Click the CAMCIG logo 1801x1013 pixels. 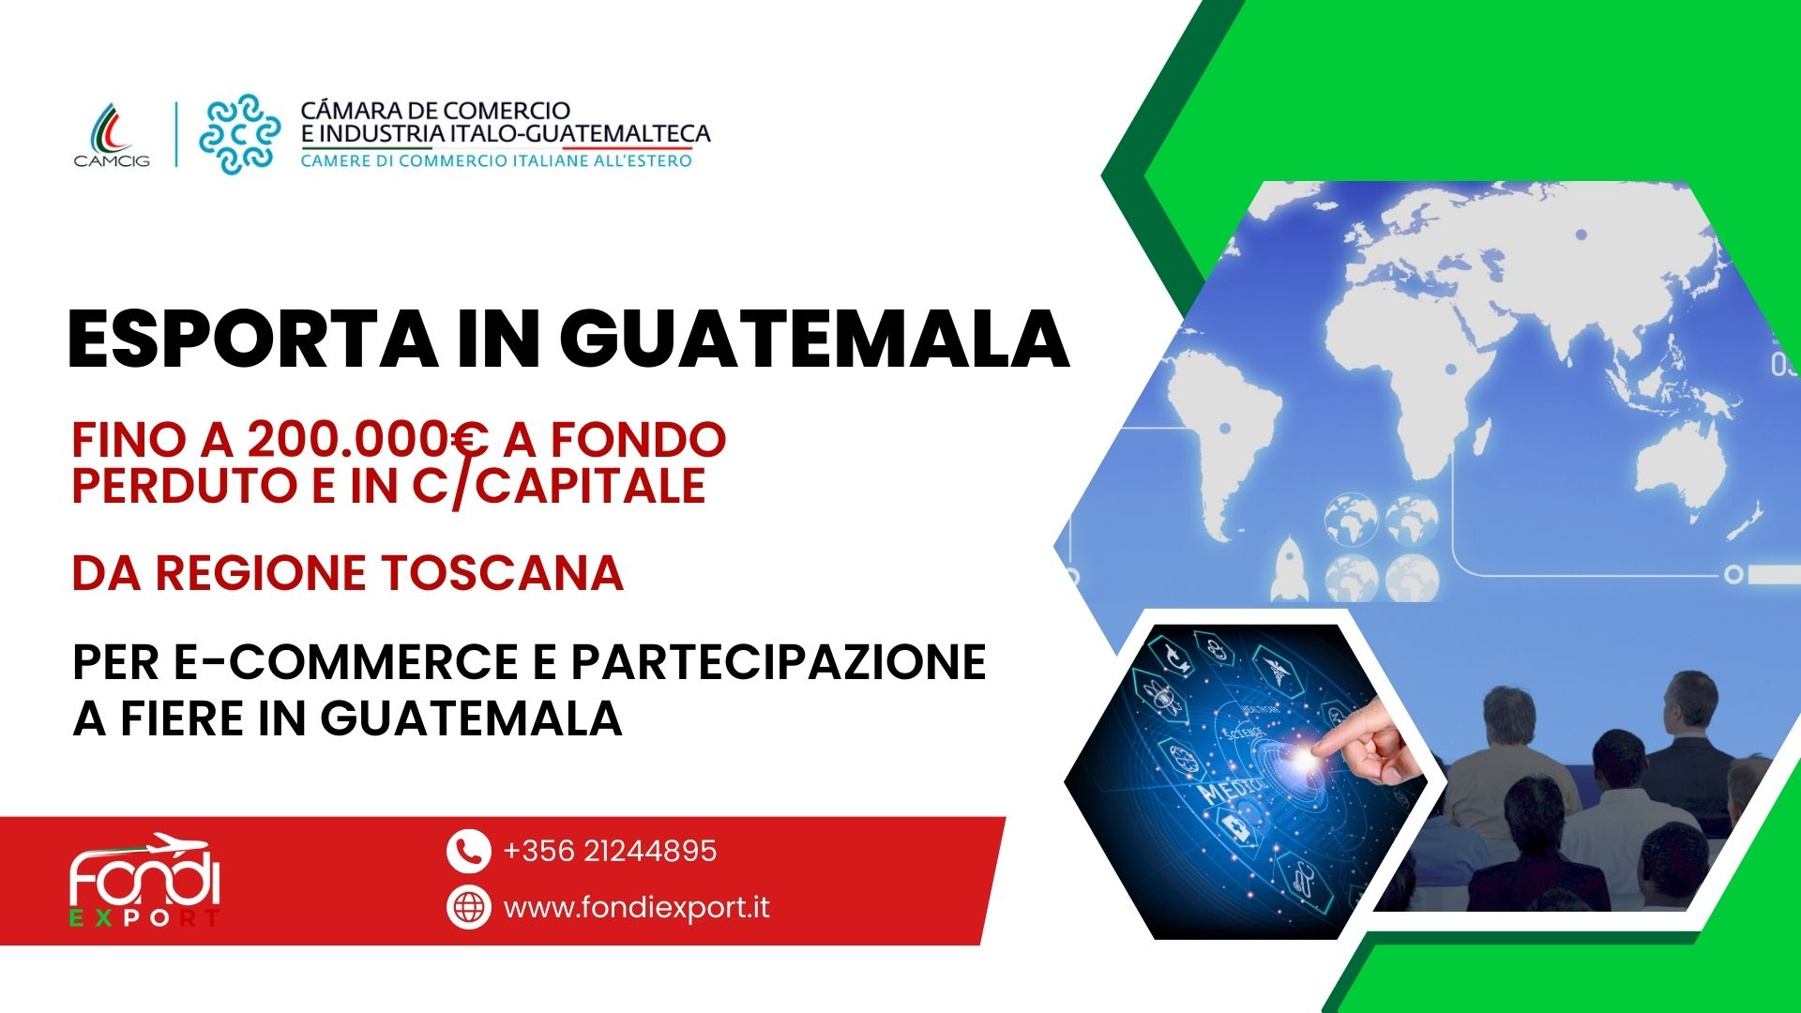112,133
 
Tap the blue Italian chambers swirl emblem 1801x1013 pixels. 239,133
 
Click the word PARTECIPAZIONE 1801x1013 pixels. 779,661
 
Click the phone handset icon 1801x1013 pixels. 468,851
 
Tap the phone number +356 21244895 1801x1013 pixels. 610,851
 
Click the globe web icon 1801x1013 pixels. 468,907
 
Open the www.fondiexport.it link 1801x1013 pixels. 637,908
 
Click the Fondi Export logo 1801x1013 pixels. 144,880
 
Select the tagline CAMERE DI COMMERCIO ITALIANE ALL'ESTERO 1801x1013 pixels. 496,160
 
